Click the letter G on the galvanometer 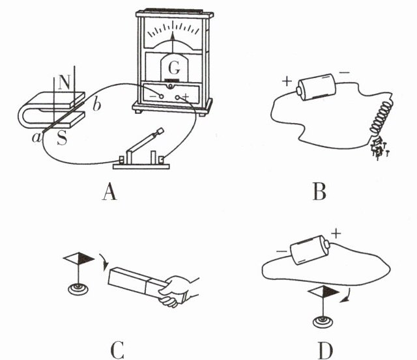tap(173, 67)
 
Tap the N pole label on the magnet tap(64, 83)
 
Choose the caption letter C tap(117, 350)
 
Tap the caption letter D tap(325, 350)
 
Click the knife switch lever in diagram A tap(144, 144)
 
